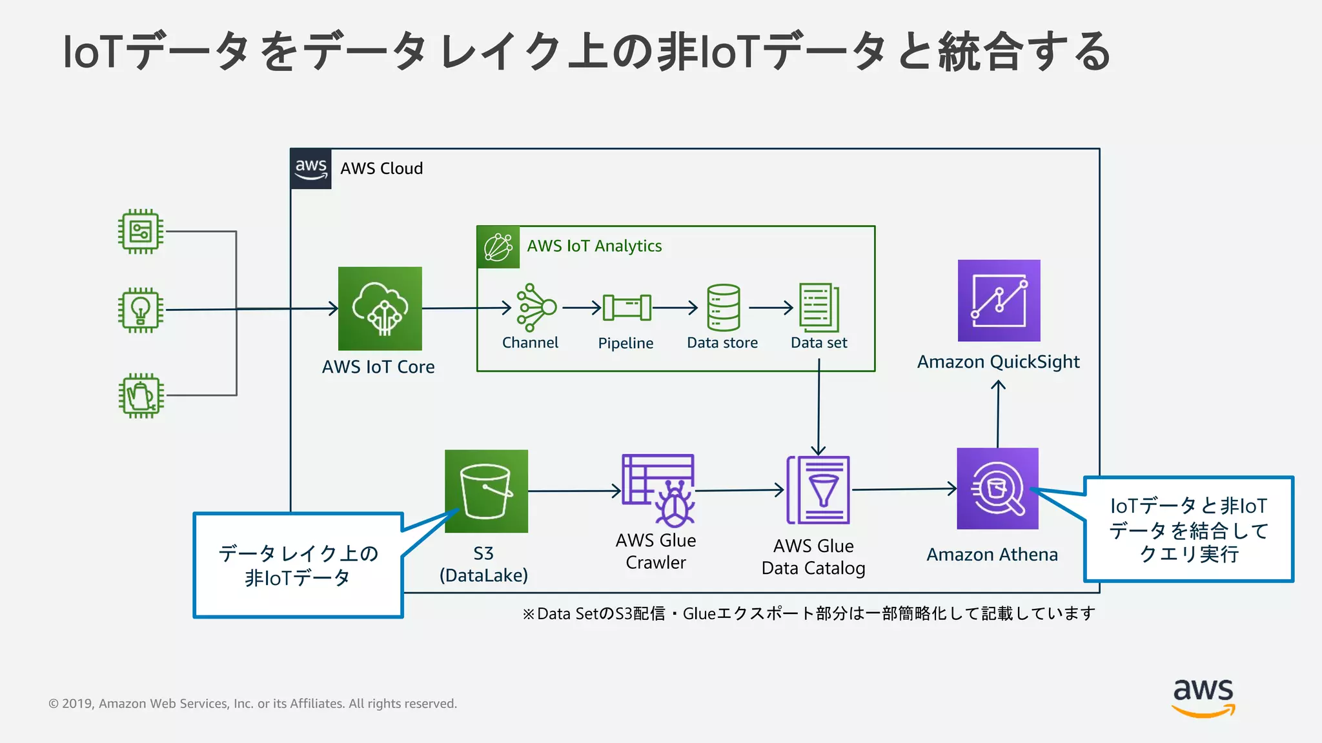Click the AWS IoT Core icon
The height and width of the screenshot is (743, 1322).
point(380,308)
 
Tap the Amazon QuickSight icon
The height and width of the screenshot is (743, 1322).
point(999,301)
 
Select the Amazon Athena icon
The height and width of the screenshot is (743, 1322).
point(997,488)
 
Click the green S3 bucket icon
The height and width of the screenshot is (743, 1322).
point(486,491)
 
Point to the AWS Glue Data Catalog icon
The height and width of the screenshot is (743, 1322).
point(818,490)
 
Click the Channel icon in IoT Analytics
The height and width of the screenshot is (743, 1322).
point(535,308)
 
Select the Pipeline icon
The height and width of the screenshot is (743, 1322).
point(627,308)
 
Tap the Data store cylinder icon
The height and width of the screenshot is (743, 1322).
point(723,308)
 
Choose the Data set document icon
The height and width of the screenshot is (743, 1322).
point(819,308)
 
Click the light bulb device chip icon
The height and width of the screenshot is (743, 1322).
point(141,310)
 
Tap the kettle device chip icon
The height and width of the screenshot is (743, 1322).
point(141,395)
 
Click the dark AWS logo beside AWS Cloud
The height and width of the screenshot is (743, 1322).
point(310,169)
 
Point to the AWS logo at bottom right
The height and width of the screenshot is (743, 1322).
point(1203,697)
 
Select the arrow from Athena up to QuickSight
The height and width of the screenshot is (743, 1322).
point(998,413)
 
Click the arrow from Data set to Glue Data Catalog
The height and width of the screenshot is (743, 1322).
point(819,413)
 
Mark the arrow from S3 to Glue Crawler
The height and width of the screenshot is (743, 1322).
point(573,491)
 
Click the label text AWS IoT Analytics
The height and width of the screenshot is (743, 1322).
point(594,246)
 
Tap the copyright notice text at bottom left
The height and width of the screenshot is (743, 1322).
point(252,704)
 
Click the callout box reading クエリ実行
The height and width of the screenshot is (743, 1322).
point(1188,530)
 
